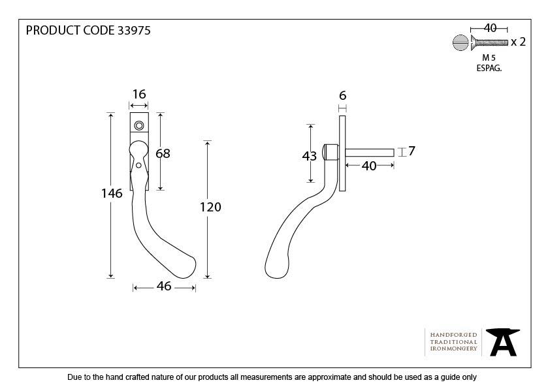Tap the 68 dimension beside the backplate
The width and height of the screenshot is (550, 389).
(x=163, y=153)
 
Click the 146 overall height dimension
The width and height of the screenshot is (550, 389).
(x=112, y=193)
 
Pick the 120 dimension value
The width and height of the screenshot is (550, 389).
(x=210, y=207)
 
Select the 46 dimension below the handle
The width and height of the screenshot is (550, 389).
(x=163, y=286)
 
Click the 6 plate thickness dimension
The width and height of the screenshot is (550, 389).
(x=342, y=95)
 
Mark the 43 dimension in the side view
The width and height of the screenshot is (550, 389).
(x=310, y=156)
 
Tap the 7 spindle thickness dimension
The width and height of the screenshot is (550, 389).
(x=412, y=151)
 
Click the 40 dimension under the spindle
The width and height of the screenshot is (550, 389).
(x=369, y=166)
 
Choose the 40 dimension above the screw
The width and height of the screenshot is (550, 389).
(x=489, y=27)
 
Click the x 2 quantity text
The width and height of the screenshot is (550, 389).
(x=518, y=42)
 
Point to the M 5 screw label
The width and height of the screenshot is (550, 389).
(x=489, y=57)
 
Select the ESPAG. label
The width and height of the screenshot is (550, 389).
(x=489, y=68)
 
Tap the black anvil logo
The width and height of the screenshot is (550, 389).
(x=502, y=342)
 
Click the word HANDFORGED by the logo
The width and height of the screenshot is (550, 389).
(x=453, y=335)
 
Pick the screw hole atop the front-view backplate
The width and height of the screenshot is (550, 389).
(x=138, y=125)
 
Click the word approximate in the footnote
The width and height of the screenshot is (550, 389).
(x=325, y=377)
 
